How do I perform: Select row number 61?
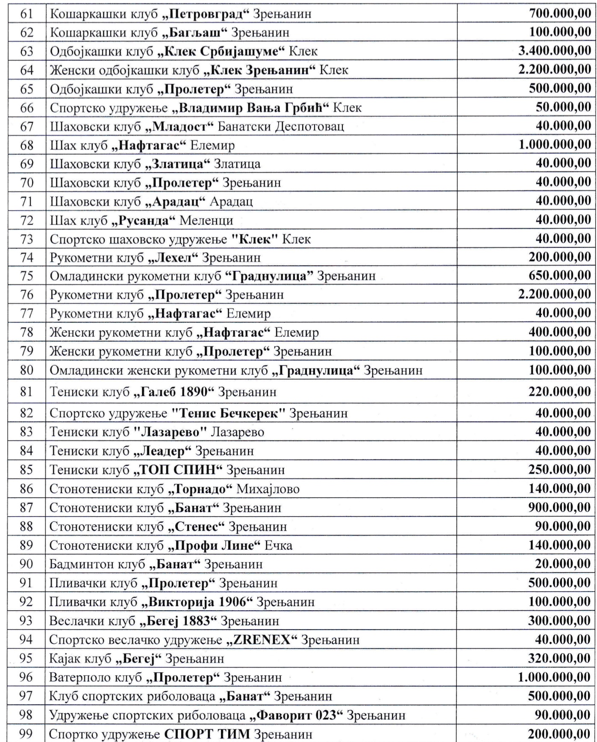click(26, 14)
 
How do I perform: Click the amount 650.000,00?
click(559, 275)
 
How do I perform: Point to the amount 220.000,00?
click(559, 391)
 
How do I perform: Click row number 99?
click(26, 734)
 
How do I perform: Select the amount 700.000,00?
click(559, 13)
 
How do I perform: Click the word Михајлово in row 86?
click(268, 489)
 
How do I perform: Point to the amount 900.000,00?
click(559, 507)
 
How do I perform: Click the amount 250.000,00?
click(559, 469)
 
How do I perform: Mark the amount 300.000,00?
click(559, 620)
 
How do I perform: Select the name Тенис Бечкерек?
click(229, 413)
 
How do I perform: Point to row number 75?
click(26, 276)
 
